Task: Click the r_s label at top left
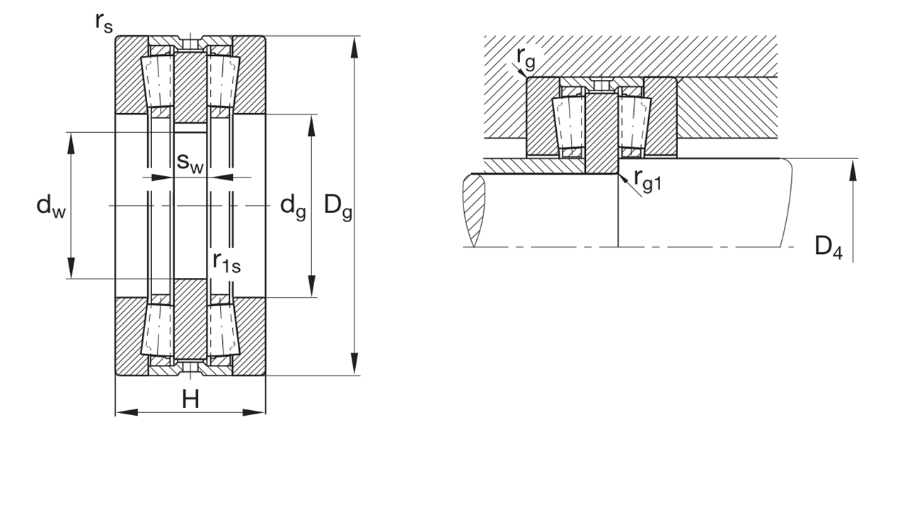pyautogui.click(x=104, y=23)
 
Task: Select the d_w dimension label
pyautogui.click(x=51, y=206)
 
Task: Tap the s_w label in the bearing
pyautogui.click(x=190, y=163)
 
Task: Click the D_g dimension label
pyautogui.click(x=338, y=206)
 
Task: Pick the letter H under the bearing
pyautogui.click(x=190, y=400)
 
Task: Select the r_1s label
pyautogui.click(x=227, y=262)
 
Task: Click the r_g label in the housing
pyautogui.click(x=526, y=58)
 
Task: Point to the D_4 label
pyautogui.click(x=829, y=247)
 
